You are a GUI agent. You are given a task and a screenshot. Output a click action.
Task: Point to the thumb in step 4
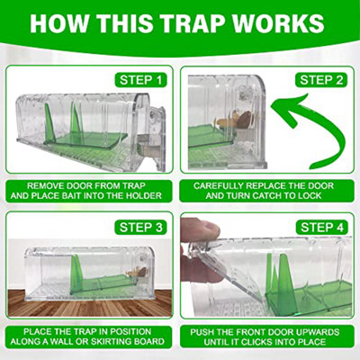coord(200,232)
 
